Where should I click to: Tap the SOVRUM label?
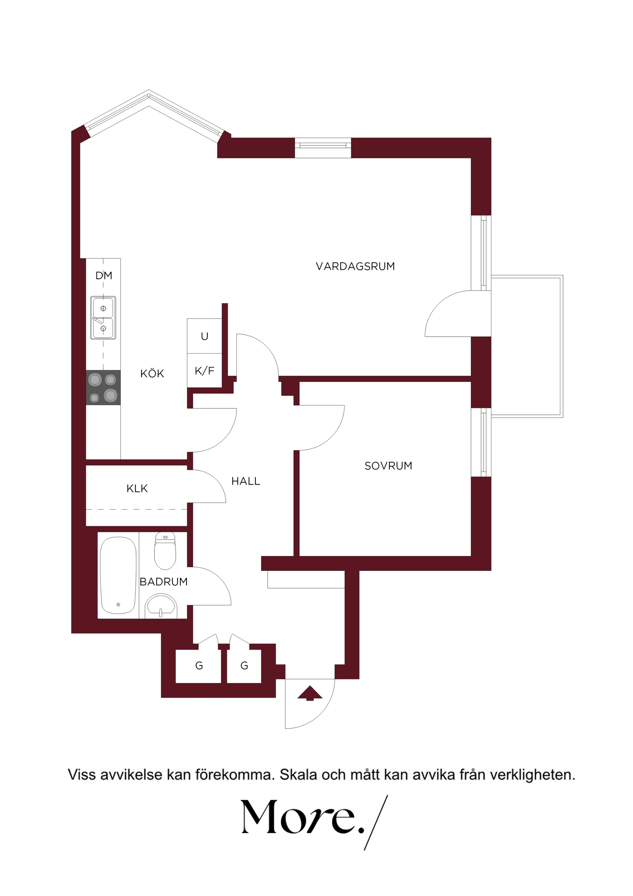tap(388, 465)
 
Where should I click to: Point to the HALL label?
tap(246, 481)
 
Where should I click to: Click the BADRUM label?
tap(164, 581)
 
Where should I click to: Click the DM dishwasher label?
tap(104, 276)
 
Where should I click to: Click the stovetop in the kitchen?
tap(103, 388)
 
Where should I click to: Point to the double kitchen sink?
tap(103, 318)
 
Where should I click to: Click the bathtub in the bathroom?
tap(118, 575)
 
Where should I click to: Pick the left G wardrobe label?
tap(199, 666)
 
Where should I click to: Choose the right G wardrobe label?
tap(244, 666)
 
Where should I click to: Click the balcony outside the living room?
tap(527, 346)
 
